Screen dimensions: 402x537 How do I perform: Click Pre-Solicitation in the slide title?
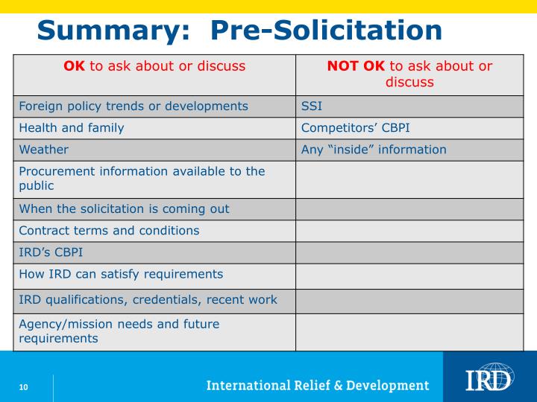click(326, 31)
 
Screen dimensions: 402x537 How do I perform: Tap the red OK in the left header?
click(74, 66)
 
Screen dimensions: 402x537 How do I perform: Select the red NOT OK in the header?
click(356, 66)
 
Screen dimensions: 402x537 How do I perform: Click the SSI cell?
click(311, 106)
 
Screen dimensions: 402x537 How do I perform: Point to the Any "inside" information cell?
click(374, 150)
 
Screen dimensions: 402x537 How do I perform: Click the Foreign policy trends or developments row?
click(134, 106)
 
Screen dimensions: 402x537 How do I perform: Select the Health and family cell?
click(72, 127)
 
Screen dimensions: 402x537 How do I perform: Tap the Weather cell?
click(43, 150)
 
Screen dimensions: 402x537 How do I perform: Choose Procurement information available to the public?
click(142, 179)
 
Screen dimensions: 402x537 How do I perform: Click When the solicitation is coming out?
click(124, 209)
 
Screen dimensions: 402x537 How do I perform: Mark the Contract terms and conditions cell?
click(109, 231)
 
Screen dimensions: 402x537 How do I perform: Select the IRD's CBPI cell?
click(51, 252)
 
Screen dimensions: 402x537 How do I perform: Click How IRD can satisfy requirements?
click(121, 274)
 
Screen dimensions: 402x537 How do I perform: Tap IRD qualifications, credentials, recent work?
click(148, 300)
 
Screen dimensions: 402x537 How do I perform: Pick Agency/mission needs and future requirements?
click(119, 331)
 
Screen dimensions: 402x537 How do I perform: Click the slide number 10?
click(24, 386)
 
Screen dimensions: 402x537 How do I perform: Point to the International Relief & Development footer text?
click(318, 386)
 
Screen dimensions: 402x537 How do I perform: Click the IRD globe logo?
click(489, 377)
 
